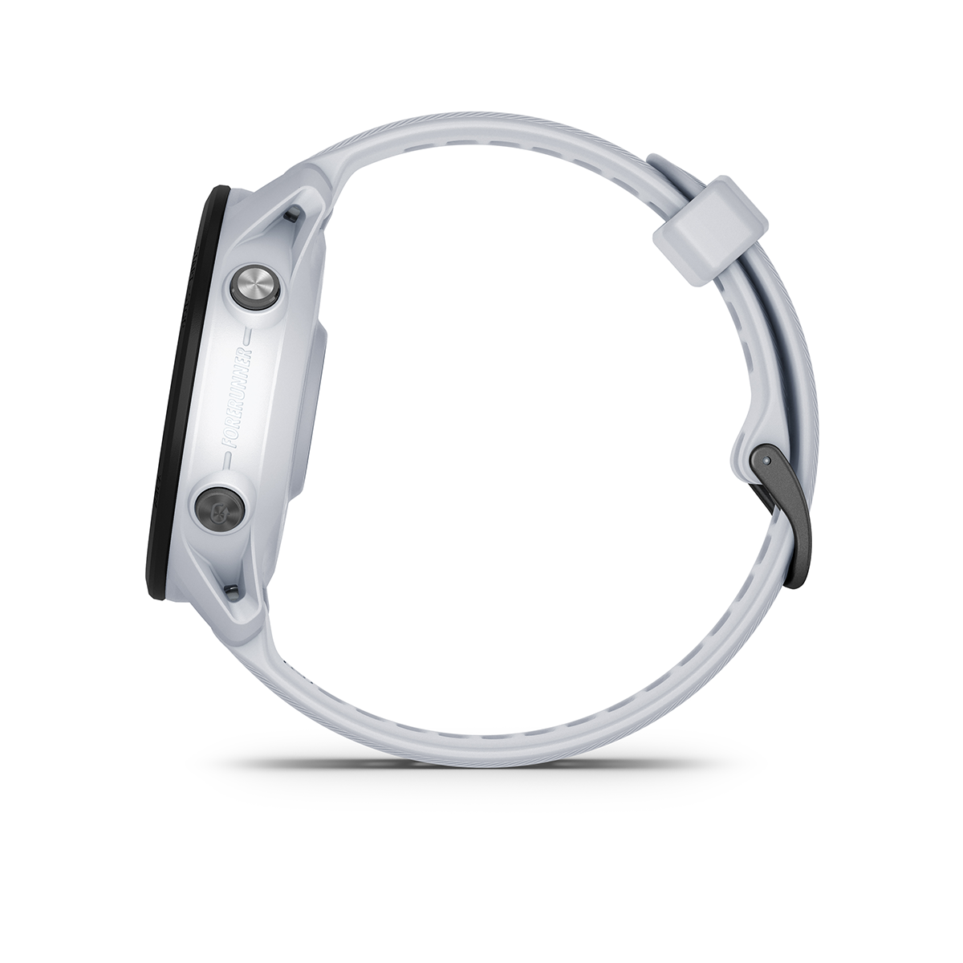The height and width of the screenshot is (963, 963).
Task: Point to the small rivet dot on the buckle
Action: click(764, 461)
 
